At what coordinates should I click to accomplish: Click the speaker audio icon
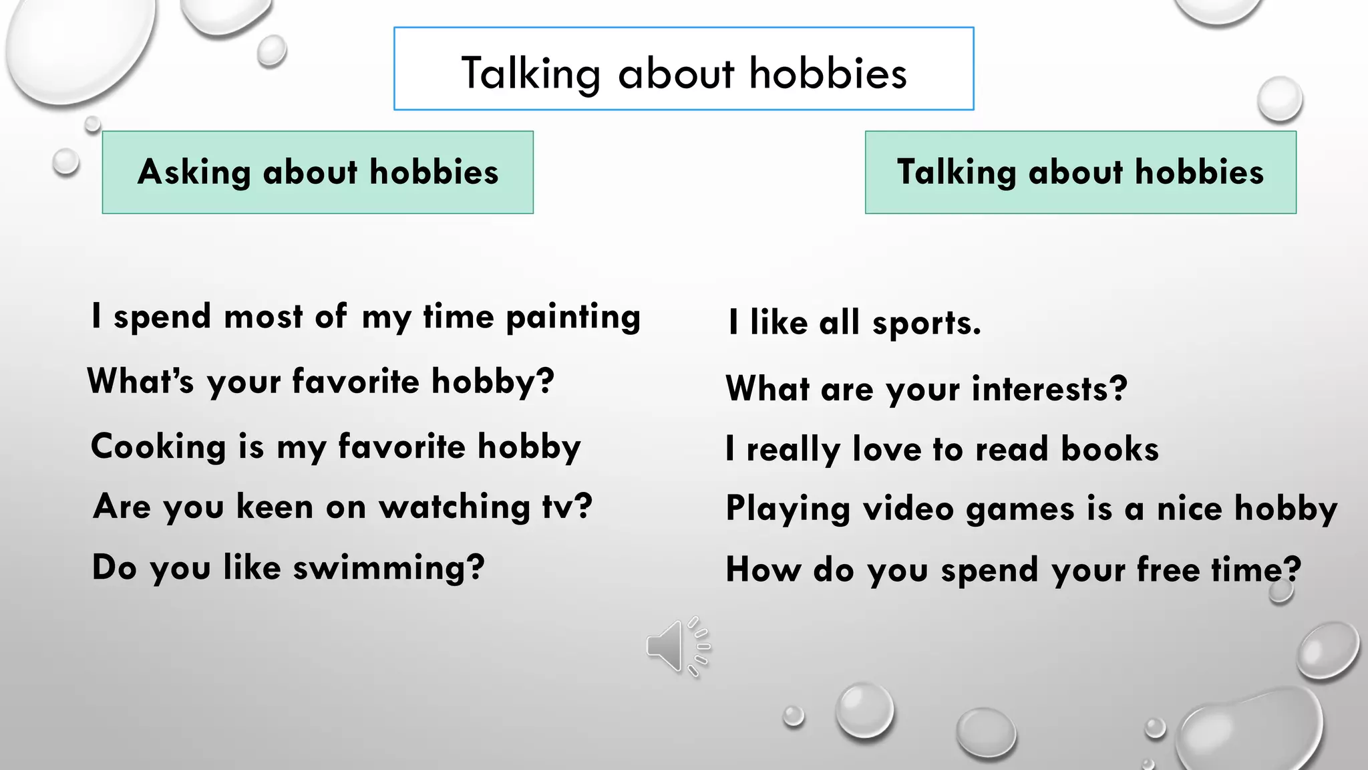click(677, 646)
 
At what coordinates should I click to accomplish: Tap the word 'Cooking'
click(158, 446)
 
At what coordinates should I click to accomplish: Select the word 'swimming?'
click(389, 568)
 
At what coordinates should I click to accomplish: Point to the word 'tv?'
click(567, 507)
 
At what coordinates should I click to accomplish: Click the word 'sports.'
click(926, 324)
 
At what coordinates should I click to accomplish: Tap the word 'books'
click(1109, 449)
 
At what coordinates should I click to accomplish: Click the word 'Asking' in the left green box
click(194, 172)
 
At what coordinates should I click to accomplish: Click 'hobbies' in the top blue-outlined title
click(828, 73)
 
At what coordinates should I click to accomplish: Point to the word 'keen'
click(275, 507)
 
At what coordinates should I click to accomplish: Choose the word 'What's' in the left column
click(140, 381)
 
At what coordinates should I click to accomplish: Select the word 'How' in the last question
click(763, 570)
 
